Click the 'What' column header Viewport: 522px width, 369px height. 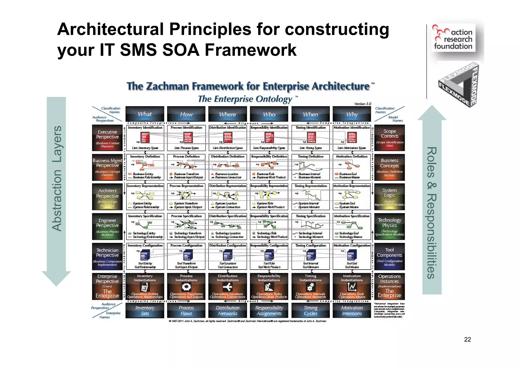pos(145,114)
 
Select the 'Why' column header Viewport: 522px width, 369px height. pos(352,114)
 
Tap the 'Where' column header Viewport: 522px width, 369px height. pos(228,114)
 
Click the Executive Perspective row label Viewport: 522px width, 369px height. pos(107,138)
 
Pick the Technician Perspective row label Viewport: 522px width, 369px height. pos(107,256)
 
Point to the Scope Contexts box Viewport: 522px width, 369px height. pos(389,138)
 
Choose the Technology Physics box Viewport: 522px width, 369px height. pos(389,227)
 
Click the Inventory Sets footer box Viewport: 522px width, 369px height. pos(145,310)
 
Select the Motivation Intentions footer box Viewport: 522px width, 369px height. pos(352,310)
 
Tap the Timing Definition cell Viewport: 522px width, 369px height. pos(310,167)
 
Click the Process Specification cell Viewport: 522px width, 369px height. pos(186,227)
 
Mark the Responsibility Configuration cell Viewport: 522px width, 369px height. pos(269,256)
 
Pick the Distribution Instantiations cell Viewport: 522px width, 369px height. pos(228,286)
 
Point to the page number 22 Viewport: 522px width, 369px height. pos(467,339)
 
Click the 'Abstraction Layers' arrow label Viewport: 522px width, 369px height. pos(57,178)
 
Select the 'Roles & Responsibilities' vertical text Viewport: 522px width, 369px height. pos(432,213)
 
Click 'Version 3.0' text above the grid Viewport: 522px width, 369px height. pos(362,104)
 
